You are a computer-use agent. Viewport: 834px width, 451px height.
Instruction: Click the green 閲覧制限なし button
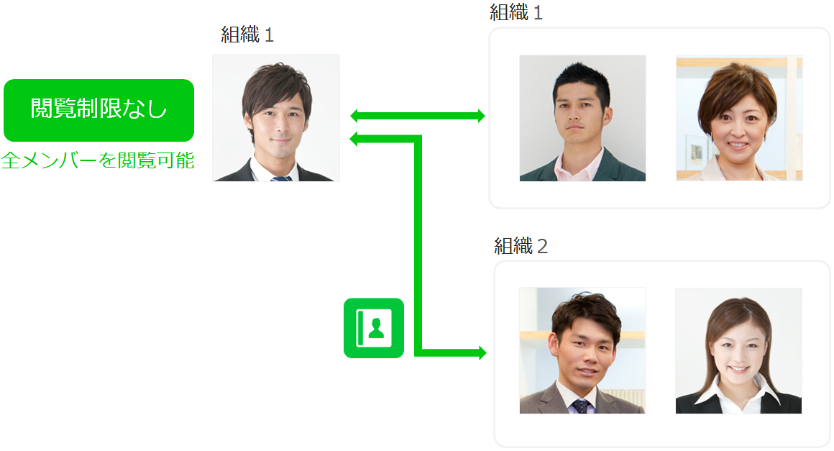(98, 110)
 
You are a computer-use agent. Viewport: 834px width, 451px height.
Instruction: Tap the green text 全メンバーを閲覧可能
(98, 160)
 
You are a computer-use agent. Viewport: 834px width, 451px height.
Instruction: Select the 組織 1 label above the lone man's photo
(247, 35)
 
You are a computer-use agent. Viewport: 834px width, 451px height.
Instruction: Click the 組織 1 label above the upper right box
(516, 12)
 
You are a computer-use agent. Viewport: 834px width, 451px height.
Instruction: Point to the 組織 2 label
(521, 246)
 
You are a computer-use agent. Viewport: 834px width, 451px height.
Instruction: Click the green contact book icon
(374, 328)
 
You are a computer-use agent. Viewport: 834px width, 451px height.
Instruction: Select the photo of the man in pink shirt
(582, 118)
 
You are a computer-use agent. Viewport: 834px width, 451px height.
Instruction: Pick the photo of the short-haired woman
(739, 118)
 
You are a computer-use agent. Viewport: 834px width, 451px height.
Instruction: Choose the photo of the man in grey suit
(582, 350)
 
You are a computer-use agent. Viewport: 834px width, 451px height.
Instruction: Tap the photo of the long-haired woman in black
(738, 350)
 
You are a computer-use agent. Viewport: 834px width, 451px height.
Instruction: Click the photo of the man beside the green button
(276, 117)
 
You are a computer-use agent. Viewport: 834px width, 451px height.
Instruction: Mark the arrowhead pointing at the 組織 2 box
(481, 352)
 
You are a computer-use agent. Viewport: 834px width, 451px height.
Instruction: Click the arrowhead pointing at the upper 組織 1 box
(481, 116)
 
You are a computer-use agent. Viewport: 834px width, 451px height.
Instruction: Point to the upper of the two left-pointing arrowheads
(354, 116)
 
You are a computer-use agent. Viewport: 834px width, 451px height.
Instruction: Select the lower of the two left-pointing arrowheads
(354, 139)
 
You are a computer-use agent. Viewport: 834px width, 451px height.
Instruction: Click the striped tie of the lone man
(282, 177)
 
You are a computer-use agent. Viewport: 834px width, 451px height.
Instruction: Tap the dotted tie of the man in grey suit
(579, 406)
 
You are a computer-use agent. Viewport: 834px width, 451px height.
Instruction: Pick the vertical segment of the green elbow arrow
(417, 245)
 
